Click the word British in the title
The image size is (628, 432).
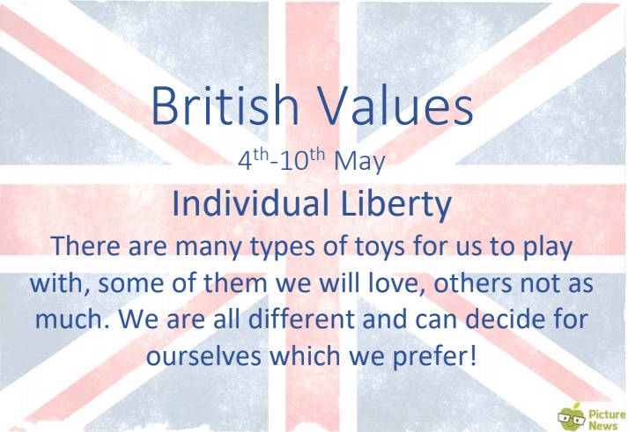point(225,105)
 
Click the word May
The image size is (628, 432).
point(359,163)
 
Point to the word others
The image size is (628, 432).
point(473,282)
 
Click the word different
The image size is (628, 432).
point(301,319)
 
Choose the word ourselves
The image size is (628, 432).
point(203,355)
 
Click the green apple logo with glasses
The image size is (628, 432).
point(572,417)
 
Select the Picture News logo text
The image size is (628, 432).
point(606,420)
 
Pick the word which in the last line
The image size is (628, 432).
point(305,355)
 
